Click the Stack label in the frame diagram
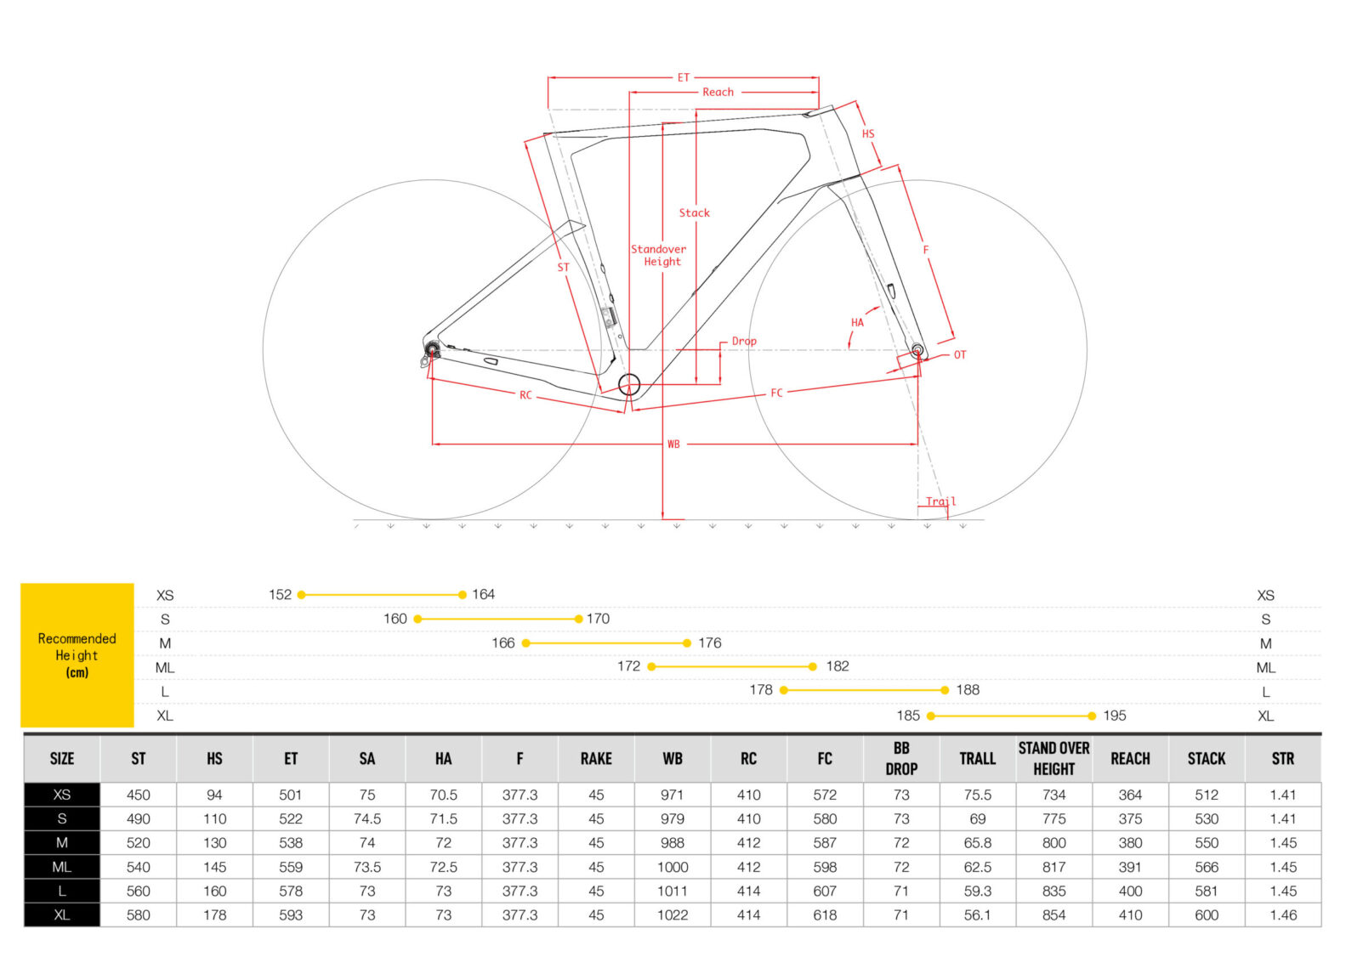pos(694,212)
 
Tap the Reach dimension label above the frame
pos(718,92)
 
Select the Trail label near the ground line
pos(940,501)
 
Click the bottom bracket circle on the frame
pos(629,385)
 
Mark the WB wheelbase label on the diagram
pos(673,444)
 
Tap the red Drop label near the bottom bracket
pos(744,341)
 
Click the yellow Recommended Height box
pos(77,654)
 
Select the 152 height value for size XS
pos(280,594)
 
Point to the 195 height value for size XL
pos(1114,716)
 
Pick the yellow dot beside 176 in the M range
pos(687,643)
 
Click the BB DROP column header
pos(901,758)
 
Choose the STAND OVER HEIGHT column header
pos(1054,758)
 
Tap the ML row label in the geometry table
pos(62,867)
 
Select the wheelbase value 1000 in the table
pos(673,867)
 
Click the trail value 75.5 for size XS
pos(978,795)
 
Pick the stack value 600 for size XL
pos(1207,915)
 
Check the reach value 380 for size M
pos(1130,843)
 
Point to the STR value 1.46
pos(1283,915)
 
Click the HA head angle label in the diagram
pos(857,322)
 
